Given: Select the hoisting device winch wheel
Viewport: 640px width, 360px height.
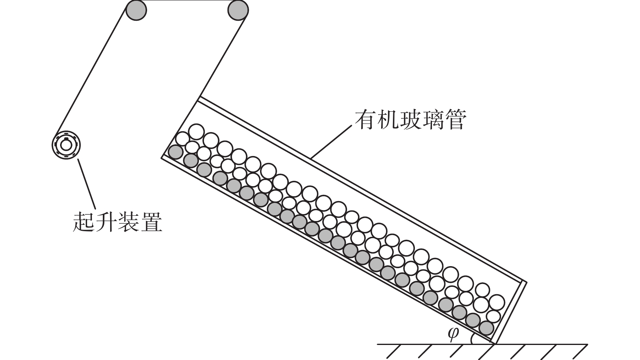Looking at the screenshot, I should pyautogui.click(x=66, y=145).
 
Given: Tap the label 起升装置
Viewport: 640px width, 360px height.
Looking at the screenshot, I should pyautogui.click(x=117, y=221).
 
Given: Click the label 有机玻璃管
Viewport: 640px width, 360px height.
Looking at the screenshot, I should pyautogui.click(x=410, y=119).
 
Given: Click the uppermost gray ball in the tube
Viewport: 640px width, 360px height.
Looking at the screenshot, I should pyautogui.click(x=176, y=152).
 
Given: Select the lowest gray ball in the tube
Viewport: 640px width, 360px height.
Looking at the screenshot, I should pyautogui.click(x=486, y=327).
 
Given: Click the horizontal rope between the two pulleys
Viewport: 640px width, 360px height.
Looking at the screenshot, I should pyautogui.click(x=187, y=1).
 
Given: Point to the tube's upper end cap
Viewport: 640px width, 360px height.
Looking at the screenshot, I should pyautogui.click(x=180, y=127).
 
